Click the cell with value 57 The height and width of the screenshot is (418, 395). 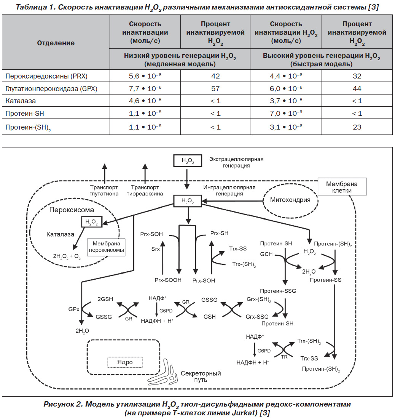[x=215, y=88]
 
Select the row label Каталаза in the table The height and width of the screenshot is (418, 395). [x=21, y=101]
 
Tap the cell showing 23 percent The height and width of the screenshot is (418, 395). [x=357, y=127]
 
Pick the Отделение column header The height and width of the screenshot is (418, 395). [x=56, y=43]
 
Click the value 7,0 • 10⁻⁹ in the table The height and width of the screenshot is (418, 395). [x=286, y=113]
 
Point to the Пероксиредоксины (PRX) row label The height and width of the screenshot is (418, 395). [x=46, y=76]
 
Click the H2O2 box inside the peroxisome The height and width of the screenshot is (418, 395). [x=92, y=221]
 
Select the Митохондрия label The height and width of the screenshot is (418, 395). [x=290, y=200]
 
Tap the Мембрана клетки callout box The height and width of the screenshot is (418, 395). [x=342, y=187]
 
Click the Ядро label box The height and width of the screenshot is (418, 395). [x=125, y=362]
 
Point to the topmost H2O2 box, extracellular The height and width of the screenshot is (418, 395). [x=188, y=161]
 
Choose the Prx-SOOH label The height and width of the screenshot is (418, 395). [x=168, y=280]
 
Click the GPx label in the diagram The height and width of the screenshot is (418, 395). [x=74, y=309]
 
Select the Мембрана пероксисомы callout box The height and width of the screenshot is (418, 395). [x=106, y=247]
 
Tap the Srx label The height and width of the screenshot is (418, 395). [x=155, y=249]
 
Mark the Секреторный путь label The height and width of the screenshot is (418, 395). [x=201, y=376]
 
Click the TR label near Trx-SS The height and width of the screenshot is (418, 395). [x=284, y=357]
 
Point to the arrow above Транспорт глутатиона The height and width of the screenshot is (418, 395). [x=105, y=173]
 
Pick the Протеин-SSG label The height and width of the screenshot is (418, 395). [x=278, y=291]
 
